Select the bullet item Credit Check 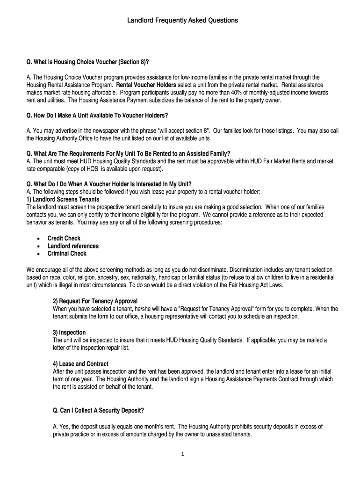tap(64, 239)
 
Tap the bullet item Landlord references tap(73, 246)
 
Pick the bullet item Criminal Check tap(67, 254)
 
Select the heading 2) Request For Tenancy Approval tap(95, 301)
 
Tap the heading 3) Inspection tap(69, 333)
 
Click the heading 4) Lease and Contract tap(81, 364)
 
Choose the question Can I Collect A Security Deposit tap(99, 411)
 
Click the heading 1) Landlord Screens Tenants tap(63, 199)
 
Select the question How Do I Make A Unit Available tap(97, 116)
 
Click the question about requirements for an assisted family tap(129, 153)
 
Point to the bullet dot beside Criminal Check tap(38, 254)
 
